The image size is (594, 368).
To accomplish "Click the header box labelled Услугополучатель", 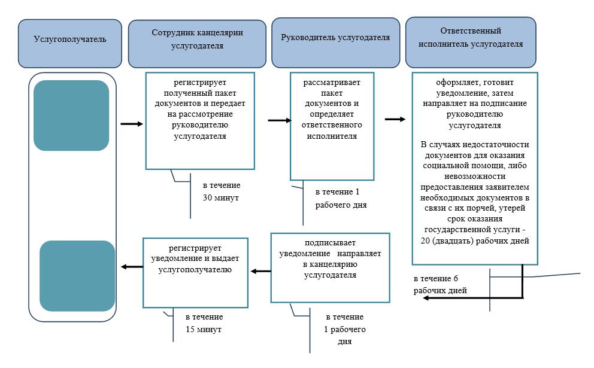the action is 70,44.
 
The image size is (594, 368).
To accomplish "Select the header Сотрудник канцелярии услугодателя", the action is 197,44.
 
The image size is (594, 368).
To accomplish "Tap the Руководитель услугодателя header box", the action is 336,42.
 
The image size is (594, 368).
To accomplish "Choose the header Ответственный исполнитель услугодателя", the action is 471,42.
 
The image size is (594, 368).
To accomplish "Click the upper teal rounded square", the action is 71,115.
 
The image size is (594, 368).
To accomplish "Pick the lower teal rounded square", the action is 77,276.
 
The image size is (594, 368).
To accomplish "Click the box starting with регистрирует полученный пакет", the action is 200,121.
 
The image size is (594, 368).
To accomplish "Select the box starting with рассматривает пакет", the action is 332,126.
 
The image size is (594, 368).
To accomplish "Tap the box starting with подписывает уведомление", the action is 331,267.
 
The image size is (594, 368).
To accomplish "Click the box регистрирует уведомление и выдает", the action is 195,273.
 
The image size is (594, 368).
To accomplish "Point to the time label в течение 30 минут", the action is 221,191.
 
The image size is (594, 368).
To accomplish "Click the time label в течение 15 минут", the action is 204,323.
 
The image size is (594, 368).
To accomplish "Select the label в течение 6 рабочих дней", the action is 440,284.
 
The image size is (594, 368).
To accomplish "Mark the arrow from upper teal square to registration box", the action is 132,124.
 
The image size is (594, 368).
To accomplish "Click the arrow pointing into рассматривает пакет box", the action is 280,120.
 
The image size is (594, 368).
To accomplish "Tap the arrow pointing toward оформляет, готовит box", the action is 395,119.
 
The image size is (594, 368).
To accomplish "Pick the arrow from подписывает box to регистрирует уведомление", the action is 261,271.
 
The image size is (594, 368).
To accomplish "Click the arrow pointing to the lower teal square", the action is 132,267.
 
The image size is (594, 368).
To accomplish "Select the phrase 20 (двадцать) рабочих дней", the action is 475,241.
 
